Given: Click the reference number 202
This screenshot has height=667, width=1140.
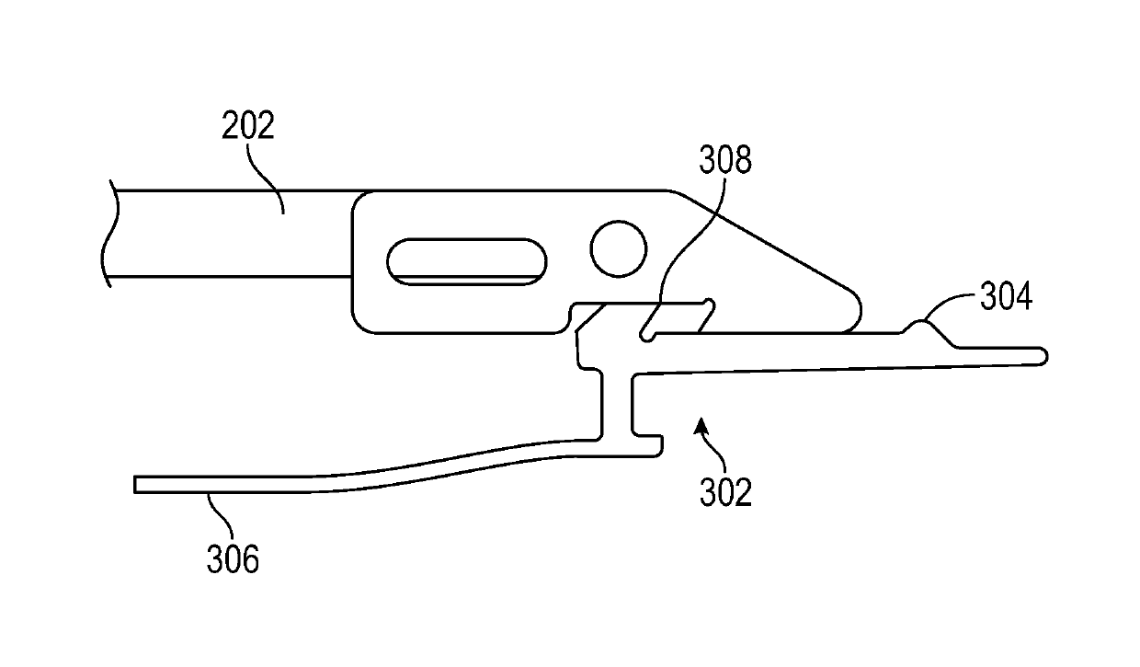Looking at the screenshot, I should [247, 126].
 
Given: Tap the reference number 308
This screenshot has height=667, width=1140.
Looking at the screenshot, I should [724, 160].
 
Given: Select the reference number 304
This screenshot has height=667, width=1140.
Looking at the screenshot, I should [1005, 297].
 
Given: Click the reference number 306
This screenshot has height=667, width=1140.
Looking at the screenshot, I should [232, 558].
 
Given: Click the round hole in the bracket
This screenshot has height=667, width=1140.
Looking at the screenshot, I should [618, 249].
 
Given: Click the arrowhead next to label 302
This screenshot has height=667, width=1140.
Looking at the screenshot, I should [701, 425].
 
